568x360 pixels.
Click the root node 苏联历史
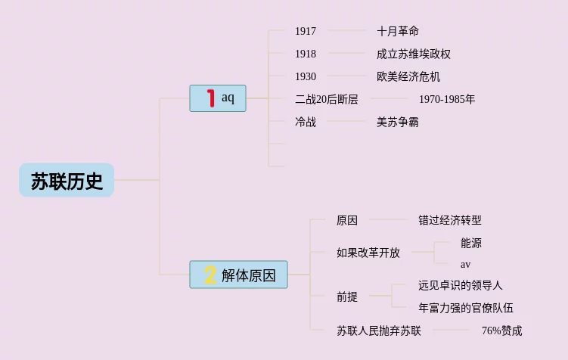[67, 181]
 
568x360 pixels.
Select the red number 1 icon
[210, 98]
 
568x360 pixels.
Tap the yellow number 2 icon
[210, 275]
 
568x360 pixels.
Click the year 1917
[306, 31]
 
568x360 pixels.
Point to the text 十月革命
[398, 31]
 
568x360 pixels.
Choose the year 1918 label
[306, 54]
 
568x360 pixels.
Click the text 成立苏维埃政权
[414, 54]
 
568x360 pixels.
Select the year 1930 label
[306, 76]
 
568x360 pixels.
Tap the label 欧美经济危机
[408, 76]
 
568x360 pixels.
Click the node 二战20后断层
[327, 99]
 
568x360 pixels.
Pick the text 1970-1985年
[447, 99]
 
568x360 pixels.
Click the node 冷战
[306, 122]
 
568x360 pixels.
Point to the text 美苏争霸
[398, 122]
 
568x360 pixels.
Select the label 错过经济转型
[450, 220]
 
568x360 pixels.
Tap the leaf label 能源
[471, 243]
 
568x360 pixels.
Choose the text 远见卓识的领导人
[461, 285]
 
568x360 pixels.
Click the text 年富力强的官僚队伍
[466, 308]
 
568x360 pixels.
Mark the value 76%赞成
[501, 331]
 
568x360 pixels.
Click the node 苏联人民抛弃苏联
[379, 331]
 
